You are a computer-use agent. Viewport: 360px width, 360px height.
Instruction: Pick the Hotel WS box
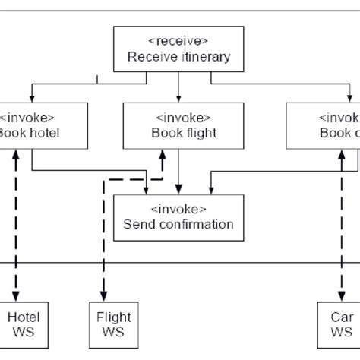pos(22,324)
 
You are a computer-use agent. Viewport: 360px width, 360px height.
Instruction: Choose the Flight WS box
pos(114,324)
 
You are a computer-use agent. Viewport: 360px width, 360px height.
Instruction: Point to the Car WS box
pos(335,324)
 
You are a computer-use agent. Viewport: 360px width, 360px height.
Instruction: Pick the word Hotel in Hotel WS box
pos(23,317)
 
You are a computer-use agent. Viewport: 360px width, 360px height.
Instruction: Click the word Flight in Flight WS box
pos(114,317)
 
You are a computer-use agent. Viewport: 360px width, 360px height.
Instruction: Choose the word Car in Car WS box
pos(336,317)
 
